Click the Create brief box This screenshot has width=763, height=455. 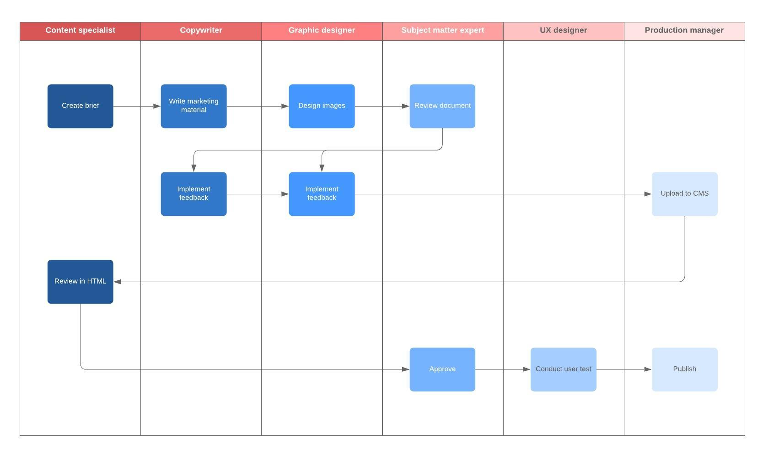80,106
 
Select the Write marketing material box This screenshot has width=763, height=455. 193,106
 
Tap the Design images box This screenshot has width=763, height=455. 322,106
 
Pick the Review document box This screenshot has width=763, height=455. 442,106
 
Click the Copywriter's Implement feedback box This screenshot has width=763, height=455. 193,194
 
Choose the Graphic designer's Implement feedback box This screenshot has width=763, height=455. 322,194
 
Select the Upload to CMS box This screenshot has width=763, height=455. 684,194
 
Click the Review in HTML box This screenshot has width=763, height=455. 80,282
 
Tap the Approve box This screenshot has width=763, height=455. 442,369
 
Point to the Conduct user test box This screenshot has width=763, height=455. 563,369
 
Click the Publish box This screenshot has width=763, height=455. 684,369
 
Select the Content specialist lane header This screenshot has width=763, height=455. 80,31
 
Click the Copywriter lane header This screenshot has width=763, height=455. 201,31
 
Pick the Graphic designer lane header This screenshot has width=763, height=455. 322,31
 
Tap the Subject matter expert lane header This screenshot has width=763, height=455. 442,31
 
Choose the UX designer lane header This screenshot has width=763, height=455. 563,31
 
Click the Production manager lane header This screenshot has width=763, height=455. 684,31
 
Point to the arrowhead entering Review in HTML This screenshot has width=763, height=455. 117,282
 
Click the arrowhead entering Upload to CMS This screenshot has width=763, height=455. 648,194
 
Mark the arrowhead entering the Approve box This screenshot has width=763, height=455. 406,369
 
